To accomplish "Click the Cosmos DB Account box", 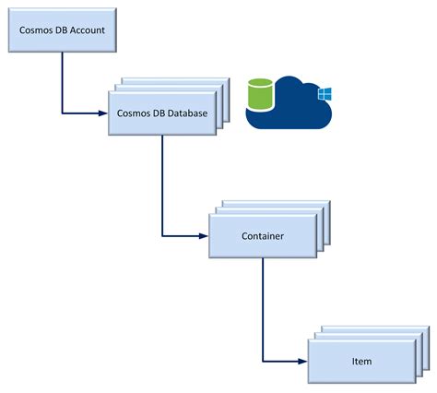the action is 63,30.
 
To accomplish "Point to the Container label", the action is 263,236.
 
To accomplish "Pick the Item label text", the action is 361,361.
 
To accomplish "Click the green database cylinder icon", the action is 261,94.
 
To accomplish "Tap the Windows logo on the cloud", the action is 325,94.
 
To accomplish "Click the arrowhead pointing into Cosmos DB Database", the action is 103,113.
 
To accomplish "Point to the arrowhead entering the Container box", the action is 204,236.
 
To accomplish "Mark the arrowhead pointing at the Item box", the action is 302,362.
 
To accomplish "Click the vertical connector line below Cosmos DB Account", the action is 62,82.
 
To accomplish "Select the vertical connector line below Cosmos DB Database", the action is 162,185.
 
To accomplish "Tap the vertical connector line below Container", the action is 263,309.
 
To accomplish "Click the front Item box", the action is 362,362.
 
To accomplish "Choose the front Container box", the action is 263,236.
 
